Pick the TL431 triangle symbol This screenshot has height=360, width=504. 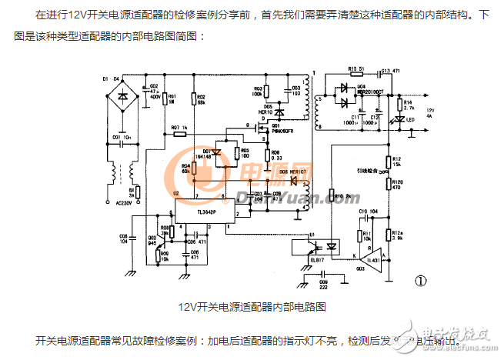(x=371, y=257)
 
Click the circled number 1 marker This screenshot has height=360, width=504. (x=420, y=281)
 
